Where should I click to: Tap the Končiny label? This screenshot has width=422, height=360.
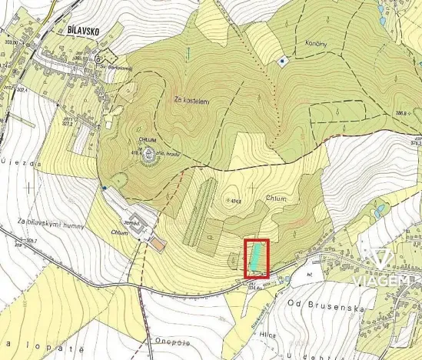tap(317, 43)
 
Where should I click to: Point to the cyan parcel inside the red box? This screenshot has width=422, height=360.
tap(256, 257)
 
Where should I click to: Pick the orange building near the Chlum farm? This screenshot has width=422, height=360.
tap(158, 244)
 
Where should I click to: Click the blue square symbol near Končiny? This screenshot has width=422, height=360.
tap(282, 60)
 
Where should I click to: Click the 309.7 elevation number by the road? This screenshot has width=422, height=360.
tap(31, 241)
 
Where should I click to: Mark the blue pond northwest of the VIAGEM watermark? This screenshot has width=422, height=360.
tap(377, 209)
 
